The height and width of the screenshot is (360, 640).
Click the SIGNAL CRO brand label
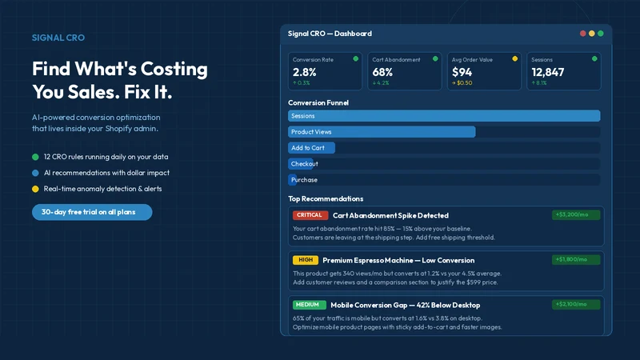click(x=58, y=38)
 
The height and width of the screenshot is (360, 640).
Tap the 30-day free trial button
click(x=92, y=212)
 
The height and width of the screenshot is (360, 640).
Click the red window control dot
click(x=583, y=34)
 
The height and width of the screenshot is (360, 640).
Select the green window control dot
click(x=601, y=34)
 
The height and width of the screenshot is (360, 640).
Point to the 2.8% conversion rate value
click(x=305, y=72)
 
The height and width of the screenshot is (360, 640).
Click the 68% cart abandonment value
click(x=382, y=72)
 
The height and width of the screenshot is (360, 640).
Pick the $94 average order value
click(x=462, y=72)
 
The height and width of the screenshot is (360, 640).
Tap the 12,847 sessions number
click(x=548, y=72)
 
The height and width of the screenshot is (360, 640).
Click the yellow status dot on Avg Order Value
click(x=514, y=58)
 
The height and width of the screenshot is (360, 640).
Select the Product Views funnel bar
click(x=382, y=132)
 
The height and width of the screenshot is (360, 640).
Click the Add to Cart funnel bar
click(x=311, y=148)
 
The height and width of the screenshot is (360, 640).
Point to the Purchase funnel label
click(x=304, y=180)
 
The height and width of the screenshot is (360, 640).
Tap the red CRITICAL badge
click(x=310, y=215)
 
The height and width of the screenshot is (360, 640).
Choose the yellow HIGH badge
click(x=306, y=260)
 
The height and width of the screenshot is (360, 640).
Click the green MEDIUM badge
click(x=310, y=305)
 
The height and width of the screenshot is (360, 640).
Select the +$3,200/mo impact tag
click(x=576, y=214)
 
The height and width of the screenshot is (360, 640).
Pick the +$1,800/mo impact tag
click(x=576, y=259)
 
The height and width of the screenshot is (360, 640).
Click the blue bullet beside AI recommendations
click(x=35, y=173)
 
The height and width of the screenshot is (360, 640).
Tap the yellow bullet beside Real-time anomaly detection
click(x=35, y=189)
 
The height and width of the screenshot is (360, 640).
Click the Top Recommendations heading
click(x=326, y=198)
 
